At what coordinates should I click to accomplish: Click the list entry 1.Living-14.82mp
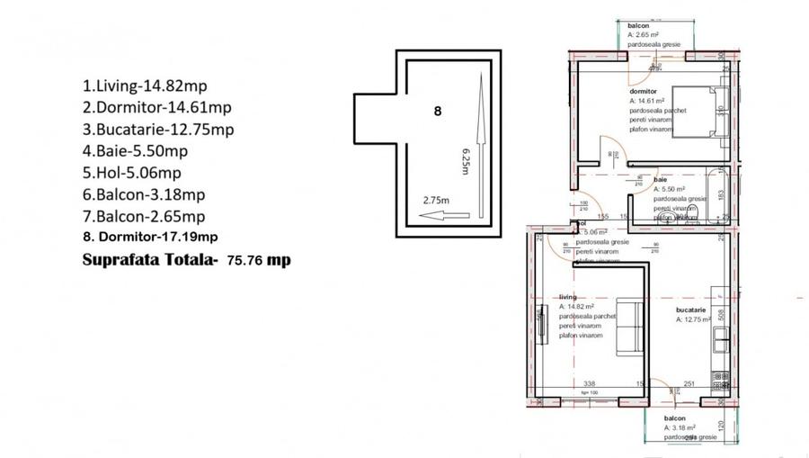click(x=143, y=88)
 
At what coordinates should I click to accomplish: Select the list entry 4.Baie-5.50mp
click(x=135, y=151)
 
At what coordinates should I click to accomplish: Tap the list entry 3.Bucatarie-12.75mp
click(x=158, y=130)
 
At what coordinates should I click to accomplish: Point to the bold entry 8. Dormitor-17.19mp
click(x=149, y=238)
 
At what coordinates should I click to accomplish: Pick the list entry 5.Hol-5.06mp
click(x=131, y=173)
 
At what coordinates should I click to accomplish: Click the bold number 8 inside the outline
click(x=438, y=112)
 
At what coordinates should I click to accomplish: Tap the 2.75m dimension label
click(x=438, y=201)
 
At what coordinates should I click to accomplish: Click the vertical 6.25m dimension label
click(x=465, y=158)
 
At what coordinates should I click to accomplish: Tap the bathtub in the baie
click(x=717, y=193)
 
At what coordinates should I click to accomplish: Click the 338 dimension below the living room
click(x=591, y=382)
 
